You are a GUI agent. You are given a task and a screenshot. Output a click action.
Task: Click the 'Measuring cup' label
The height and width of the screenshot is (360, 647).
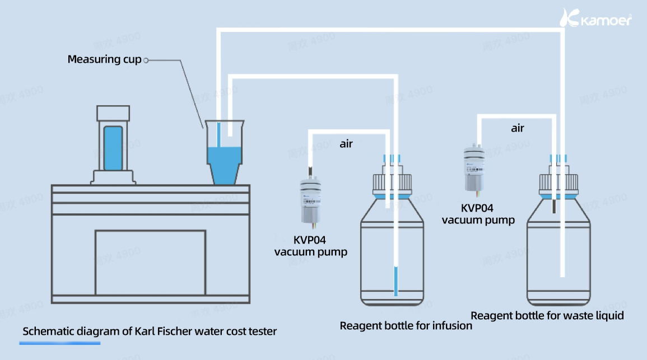[104, 59]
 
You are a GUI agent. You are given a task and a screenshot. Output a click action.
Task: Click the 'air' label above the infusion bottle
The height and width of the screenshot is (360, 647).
[346, 144]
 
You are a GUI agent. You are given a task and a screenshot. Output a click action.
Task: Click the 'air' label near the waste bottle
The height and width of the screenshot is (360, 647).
[518, 128]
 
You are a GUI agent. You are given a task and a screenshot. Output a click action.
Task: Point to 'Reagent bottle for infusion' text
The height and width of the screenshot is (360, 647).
[406, 325]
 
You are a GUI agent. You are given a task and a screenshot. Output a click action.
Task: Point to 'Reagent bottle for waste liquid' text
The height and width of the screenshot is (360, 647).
[547, 315]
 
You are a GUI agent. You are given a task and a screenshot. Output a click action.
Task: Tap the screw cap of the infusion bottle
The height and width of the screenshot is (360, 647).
[392, 183]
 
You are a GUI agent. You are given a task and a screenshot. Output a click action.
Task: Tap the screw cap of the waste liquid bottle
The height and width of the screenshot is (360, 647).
[558, 182]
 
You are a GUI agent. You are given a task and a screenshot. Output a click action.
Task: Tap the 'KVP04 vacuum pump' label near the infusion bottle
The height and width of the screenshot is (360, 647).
[310, 246]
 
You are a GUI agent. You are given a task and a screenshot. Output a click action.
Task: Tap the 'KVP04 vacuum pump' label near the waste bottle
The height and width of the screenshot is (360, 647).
[478, 214]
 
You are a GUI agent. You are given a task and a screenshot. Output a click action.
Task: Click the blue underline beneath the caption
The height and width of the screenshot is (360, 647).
[60, 343]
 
